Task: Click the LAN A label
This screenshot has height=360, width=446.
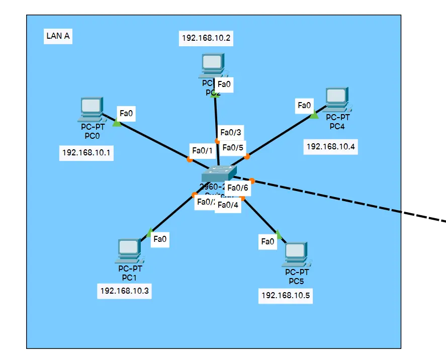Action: [x=57, y=36]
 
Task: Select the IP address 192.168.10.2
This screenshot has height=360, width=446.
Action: [x=206, y=38]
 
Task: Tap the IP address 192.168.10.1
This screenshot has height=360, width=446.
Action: [x=86, y=152]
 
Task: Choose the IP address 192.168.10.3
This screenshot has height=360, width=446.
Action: [x=125, y=290]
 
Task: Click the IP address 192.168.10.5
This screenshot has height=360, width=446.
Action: [x=286, y=295]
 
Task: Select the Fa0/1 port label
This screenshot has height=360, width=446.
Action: [x=203, y=150]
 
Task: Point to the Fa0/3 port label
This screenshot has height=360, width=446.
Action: [x=231, y=133]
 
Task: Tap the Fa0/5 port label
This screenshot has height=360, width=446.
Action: [x=233, y=147]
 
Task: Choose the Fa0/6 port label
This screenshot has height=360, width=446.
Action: [x=238, y=188]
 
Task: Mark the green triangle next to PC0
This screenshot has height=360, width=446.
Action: [x=117, y=123]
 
